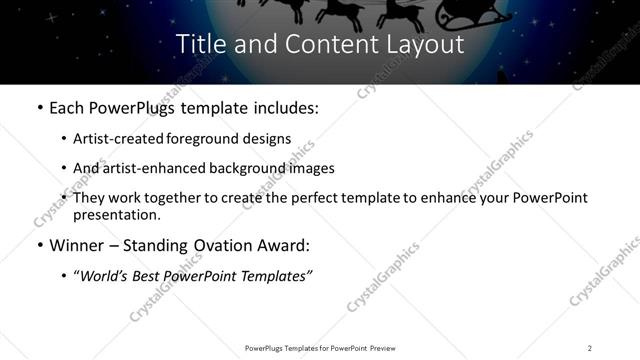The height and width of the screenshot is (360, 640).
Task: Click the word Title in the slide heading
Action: click(199, 45)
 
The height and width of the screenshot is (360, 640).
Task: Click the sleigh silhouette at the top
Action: click(474, 12)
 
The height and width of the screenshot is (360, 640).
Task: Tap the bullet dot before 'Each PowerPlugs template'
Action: click(39, 106)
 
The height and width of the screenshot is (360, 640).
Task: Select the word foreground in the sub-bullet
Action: click(224, 138)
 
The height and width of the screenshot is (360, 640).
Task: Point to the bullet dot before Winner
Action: click(39, 245)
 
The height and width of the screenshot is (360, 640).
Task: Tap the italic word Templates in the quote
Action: click(275, 276)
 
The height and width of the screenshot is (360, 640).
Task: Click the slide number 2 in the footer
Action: click(590, 347)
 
